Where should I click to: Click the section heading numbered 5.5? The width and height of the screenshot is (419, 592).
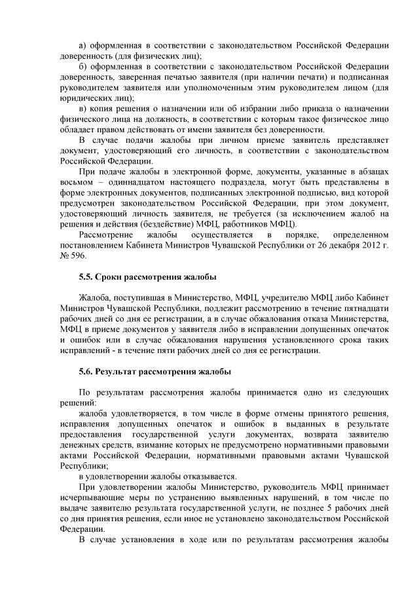click(147, 277)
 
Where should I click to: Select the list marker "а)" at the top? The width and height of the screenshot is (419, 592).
click(82, 45)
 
